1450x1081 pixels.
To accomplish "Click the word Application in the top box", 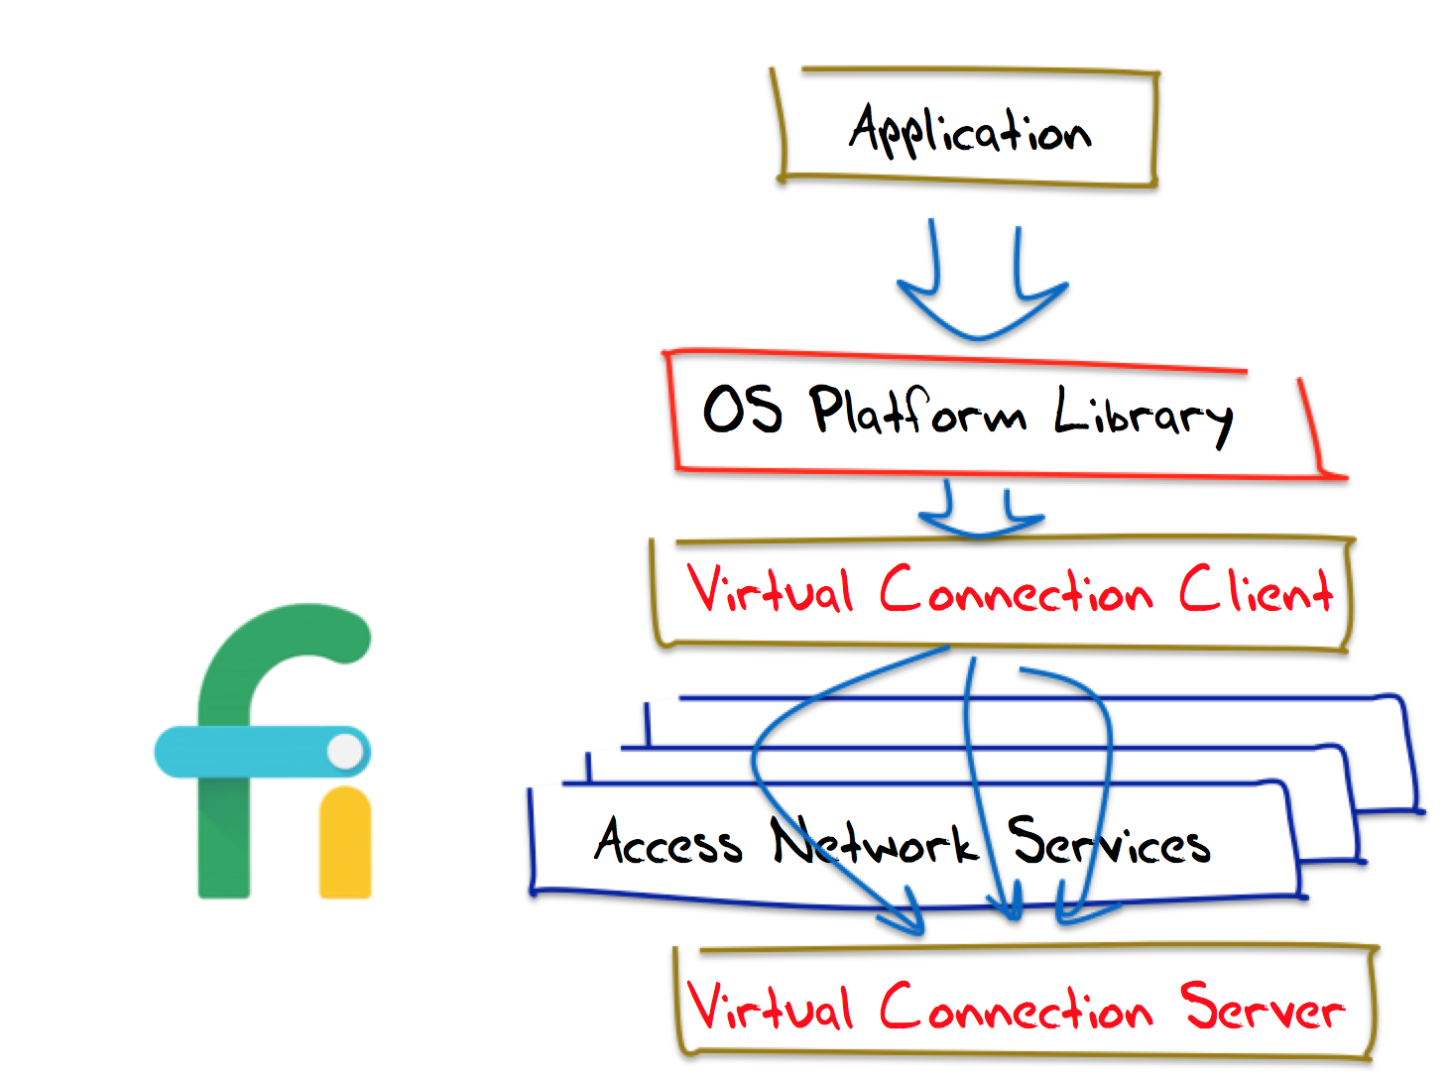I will tap(969, 132).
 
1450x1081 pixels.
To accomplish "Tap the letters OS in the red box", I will tap(742, 409).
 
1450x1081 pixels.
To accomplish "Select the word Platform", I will tap(916, 411).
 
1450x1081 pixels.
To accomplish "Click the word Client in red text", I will tap(1255, 591).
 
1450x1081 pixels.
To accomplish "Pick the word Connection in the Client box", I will tap(1016, 592).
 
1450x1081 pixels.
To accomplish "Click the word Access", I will tap(667, 843).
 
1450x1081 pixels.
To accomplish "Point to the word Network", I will tap(874, 844).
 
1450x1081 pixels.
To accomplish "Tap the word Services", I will tap(1109, 844).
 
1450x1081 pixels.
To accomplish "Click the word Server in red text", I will tap(1262, 1008).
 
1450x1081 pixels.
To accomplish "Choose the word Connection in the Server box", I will tap(1016, 1010).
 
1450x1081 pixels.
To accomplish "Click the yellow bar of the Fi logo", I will tap(345, 843).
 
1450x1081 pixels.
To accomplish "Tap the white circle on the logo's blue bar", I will tap(345, 751).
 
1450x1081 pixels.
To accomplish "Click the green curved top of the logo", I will tap(288, 640).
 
